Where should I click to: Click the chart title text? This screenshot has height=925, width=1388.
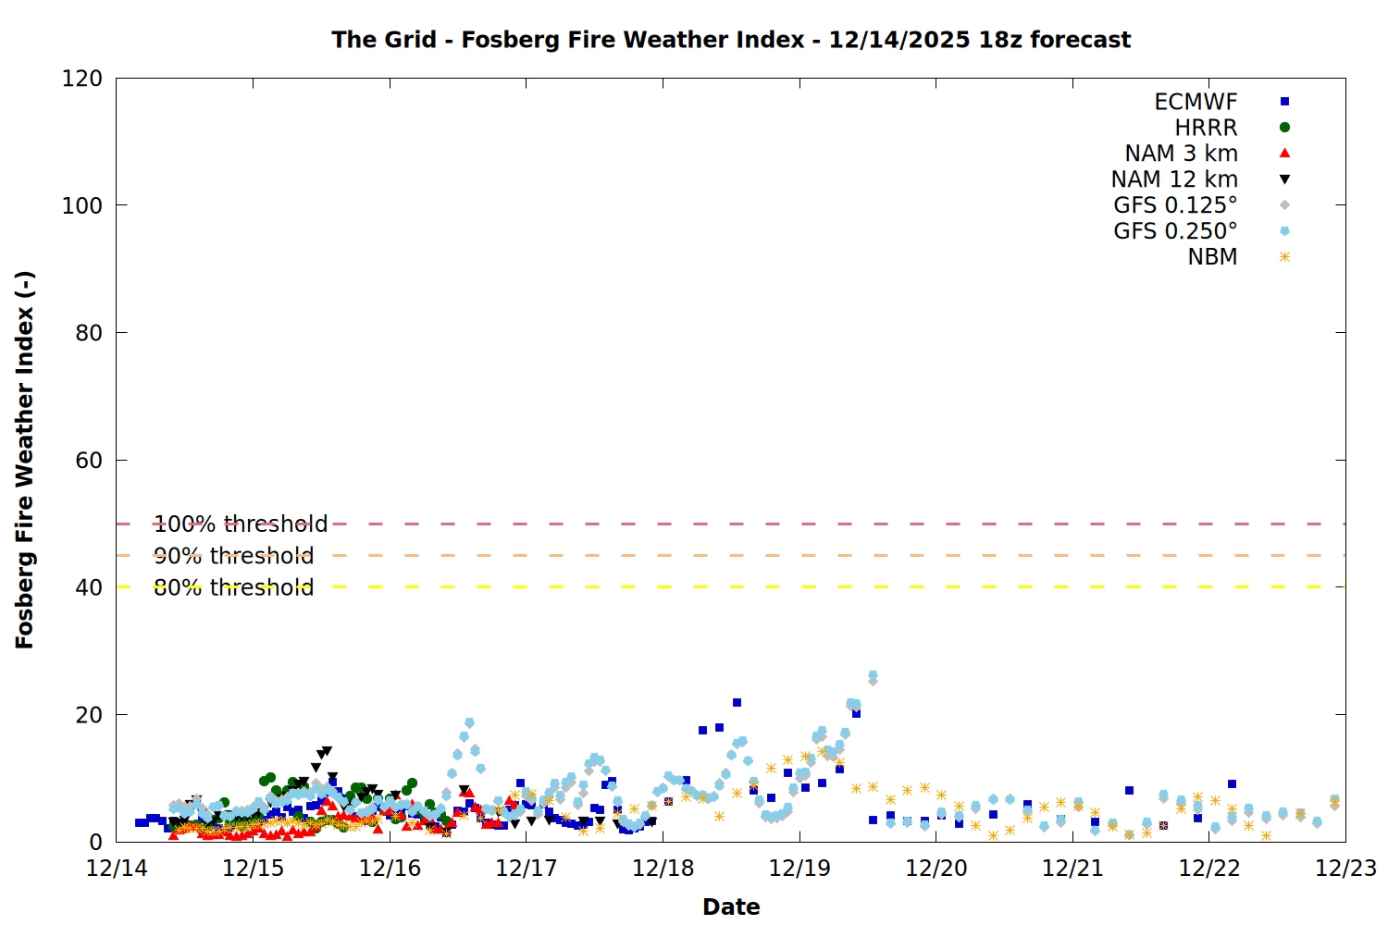click(x=731, y=40)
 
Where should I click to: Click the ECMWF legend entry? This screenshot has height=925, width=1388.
click(x=1196, y=102)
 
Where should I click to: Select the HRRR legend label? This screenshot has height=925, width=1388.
click(x=1206, y=128)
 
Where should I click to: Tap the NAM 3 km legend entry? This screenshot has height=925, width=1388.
click(x=1181, y=154)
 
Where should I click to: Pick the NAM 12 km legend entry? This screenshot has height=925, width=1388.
click(x=1174, y=179)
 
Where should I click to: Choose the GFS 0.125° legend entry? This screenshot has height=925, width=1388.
click(x=1175, y=205)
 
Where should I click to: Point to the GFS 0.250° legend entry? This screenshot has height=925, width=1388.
click(x=1175, y=231)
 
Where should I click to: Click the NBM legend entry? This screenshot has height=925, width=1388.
click(x=1212, y=257)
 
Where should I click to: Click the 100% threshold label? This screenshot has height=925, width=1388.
click(x=241, y=524)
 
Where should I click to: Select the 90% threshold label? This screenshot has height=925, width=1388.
click(x=233, y=556)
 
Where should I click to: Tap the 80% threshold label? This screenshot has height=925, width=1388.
click(x=233, y=587)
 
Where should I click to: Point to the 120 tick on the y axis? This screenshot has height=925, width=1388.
click(x=82, y=79)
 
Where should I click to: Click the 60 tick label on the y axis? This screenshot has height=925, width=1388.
click(x=89, y=461)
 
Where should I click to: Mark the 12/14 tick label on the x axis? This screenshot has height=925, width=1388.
click(x=117, y=869)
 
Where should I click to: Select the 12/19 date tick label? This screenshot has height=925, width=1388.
click(x=799, y=869)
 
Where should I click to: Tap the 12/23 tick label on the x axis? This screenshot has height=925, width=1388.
click(x=1345, y=869)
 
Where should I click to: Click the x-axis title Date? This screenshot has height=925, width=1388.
click(x=731, y=906)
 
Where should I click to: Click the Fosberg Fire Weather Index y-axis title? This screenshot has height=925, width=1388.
click(x=25, y=460)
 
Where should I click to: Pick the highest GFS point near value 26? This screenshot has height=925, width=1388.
click(x=873, y=676)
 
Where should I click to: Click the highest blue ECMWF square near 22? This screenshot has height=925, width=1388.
click(x=737, y=703)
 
